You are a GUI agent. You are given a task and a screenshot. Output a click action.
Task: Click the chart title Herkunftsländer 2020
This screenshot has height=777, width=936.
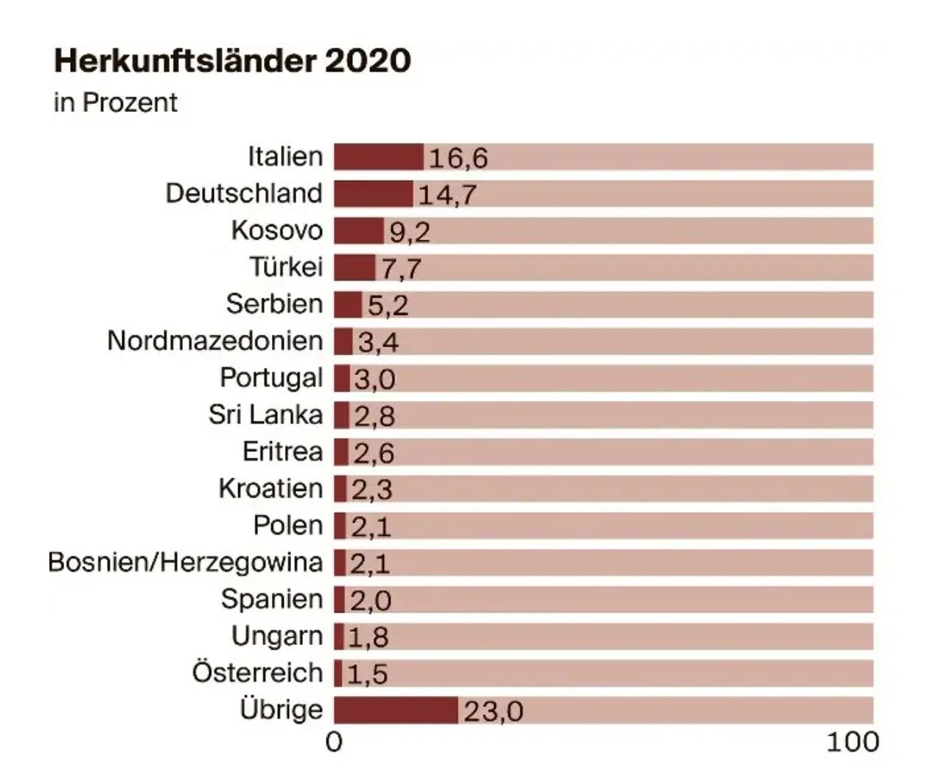coord(232,60)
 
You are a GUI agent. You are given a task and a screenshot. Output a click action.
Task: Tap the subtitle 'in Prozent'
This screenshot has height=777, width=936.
coord(116,102)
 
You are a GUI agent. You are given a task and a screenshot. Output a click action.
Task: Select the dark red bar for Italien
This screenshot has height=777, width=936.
coord(379,157)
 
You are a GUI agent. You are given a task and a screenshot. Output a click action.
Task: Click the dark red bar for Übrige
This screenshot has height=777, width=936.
coord(396,710)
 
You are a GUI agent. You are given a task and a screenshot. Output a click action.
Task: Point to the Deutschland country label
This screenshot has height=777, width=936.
coord(244,193)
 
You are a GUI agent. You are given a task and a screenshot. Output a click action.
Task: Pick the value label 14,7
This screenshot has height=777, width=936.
coord(447,195)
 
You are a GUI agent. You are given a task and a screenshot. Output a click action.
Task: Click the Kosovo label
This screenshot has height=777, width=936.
coord(277,230)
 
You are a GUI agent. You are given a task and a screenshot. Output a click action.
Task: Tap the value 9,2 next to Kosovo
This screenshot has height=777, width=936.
coord(410,231)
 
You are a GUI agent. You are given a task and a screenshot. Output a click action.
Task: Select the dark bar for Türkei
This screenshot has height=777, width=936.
coord(355,268)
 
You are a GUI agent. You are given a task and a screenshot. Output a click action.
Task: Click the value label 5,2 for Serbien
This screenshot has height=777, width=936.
coord(388,305)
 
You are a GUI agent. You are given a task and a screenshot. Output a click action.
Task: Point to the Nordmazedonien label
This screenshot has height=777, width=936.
coord(215,341)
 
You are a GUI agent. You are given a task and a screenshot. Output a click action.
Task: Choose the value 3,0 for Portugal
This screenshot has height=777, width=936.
coord(374,379)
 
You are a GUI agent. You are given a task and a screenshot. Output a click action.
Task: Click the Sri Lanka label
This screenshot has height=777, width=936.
coord(265,414)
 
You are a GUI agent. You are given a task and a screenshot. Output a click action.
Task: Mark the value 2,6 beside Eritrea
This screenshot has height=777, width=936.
coord(374,453)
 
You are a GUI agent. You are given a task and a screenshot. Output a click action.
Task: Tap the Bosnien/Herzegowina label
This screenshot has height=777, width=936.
coord(186,562)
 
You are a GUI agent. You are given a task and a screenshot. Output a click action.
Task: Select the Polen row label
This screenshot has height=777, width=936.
coord(288,526)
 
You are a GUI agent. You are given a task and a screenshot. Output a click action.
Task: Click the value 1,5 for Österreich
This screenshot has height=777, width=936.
coord(367,674)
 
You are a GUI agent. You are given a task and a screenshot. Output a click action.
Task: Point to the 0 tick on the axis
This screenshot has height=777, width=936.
coord(334,742)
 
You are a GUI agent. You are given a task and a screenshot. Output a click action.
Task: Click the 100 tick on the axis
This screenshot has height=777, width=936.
coord(853,742)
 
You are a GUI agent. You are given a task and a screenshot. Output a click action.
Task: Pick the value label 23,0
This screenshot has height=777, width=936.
coord(493,711)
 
